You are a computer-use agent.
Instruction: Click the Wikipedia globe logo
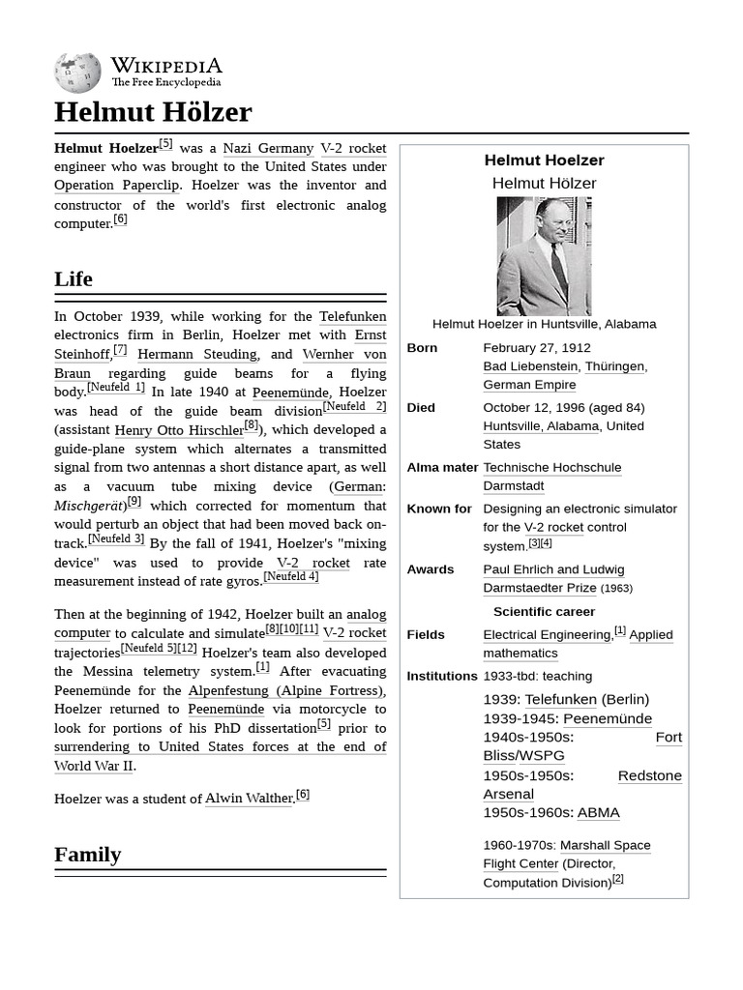click(77, 73)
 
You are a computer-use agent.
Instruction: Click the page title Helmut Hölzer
click(153, 112)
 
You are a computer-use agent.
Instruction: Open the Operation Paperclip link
click(117, 186)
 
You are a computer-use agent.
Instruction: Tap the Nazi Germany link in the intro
click(268, 148)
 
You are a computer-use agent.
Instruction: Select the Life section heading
click(74, 279)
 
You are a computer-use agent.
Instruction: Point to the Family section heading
click(88, 855)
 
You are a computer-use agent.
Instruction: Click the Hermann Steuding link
click(196, 355)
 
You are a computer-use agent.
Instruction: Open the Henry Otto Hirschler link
click(179, 430)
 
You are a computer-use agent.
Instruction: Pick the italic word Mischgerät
click(88, 506)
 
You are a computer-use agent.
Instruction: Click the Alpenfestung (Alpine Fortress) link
click(285, 690)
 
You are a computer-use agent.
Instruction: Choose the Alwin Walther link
click(249, 799)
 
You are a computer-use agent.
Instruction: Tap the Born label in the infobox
click(422, 348)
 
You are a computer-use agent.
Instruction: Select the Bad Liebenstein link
click(529, 366)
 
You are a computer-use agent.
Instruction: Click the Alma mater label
click(442, 468)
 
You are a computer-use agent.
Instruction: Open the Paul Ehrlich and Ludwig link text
click(553, 569)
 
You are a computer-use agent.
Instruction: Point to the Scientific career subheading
click(544, 612)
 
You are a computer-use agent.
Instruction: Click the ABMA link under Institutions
click(598, 813)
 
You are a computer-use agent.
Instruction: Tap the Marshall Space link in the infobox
click(605, 846)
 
